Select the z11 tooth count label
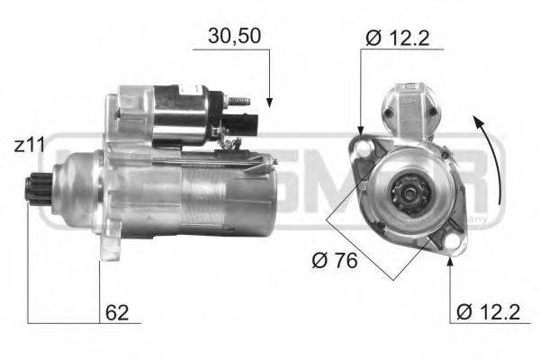[28, 144]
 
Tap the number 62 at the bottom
[117, 313]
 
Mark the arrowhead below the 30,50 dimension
[268, 102]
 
